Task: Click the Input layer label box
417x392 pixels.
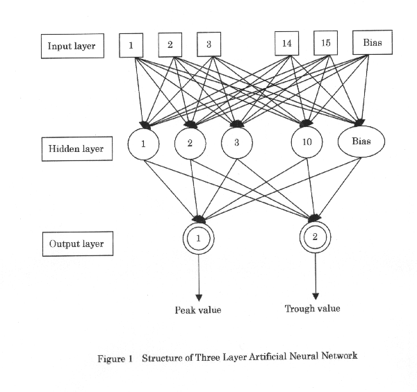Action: coord(72,46)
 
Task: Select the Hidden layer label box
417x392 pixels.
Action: coord(73,148)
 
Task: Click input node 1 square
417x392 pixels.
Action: coord(131,45)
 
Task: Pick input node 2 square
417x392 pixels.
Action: coord(170,45)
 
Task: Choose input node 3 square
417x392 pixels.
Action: coord(208,45)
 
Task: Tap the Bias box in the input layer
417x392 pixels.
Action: coord(372,43)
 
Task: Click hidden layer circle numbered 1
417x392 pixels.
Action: coord(144,145)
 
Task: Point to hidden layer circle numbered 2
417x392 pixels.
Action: coord(189,144)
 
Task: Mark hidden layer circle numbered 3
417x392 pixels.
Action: coord(236,144)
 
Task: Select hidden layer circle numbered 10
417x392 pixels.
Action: coord(307,144)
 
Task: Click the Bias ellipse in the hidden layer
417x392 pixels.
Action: coord(361,142)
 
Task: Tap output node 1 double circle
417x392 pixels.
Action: coord(198,239)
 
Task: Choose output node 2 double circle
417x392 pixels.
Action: coord(315,237)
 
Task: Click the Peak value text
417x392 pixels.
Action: coord(197,310)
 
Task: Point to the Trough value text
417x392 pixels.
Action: coord(312,308)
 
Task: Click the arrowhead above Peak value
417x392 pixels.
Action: coord(198,297)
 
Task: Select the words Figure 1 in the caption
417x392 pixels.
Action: coord(116,357)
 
